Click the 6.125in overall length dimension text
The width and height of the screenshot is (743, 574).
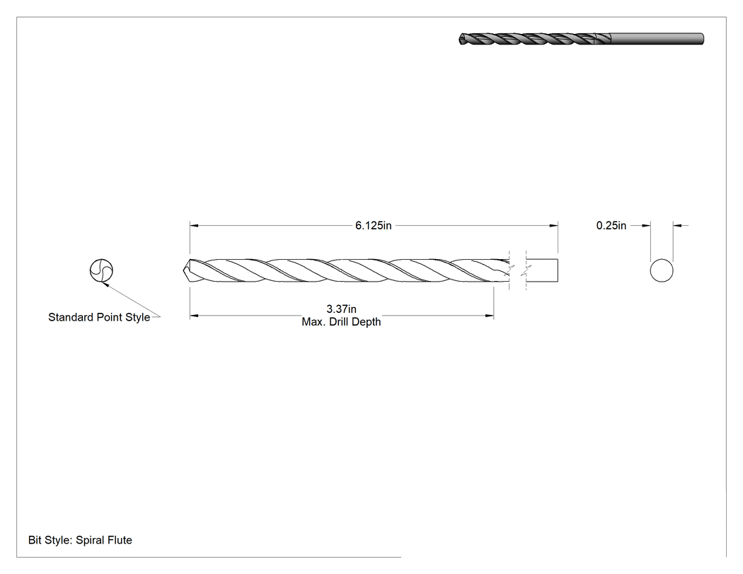point(374,226)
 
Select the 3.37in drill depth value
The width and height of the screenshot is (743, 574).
point(341,309)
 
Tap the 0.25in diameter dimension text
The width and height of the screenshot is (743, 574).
point(611,226)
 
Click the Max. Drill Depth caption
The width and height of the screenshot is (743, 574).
point(341,322)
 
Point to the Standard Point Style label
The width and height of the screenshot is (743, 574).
point(99,317)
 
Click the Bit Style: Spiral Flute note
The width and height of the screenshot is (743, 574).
point(80,540)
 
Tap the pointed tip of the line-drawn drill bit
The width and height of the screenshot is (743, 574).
point(184,270)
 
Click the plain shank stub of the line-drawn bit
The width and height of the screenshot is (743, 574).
point(542,270)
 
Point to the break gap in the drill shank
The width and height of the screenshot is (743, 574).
point(517,270)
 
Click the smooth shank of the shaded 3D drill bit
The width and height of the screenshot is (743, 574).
point(656,39)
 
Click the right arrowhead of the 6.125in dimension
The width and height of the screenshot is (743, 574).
point(553,226)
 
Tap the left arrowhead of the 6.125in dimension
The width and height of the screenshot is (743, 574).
point(195,226)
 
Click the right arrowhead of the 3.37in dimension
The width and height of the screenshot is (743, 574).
point(490,315)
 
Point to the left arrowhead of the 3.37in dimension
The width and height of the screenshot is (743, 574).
point(195,315)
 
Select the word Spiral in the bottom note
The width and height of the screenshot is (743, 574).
point(89,540)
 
